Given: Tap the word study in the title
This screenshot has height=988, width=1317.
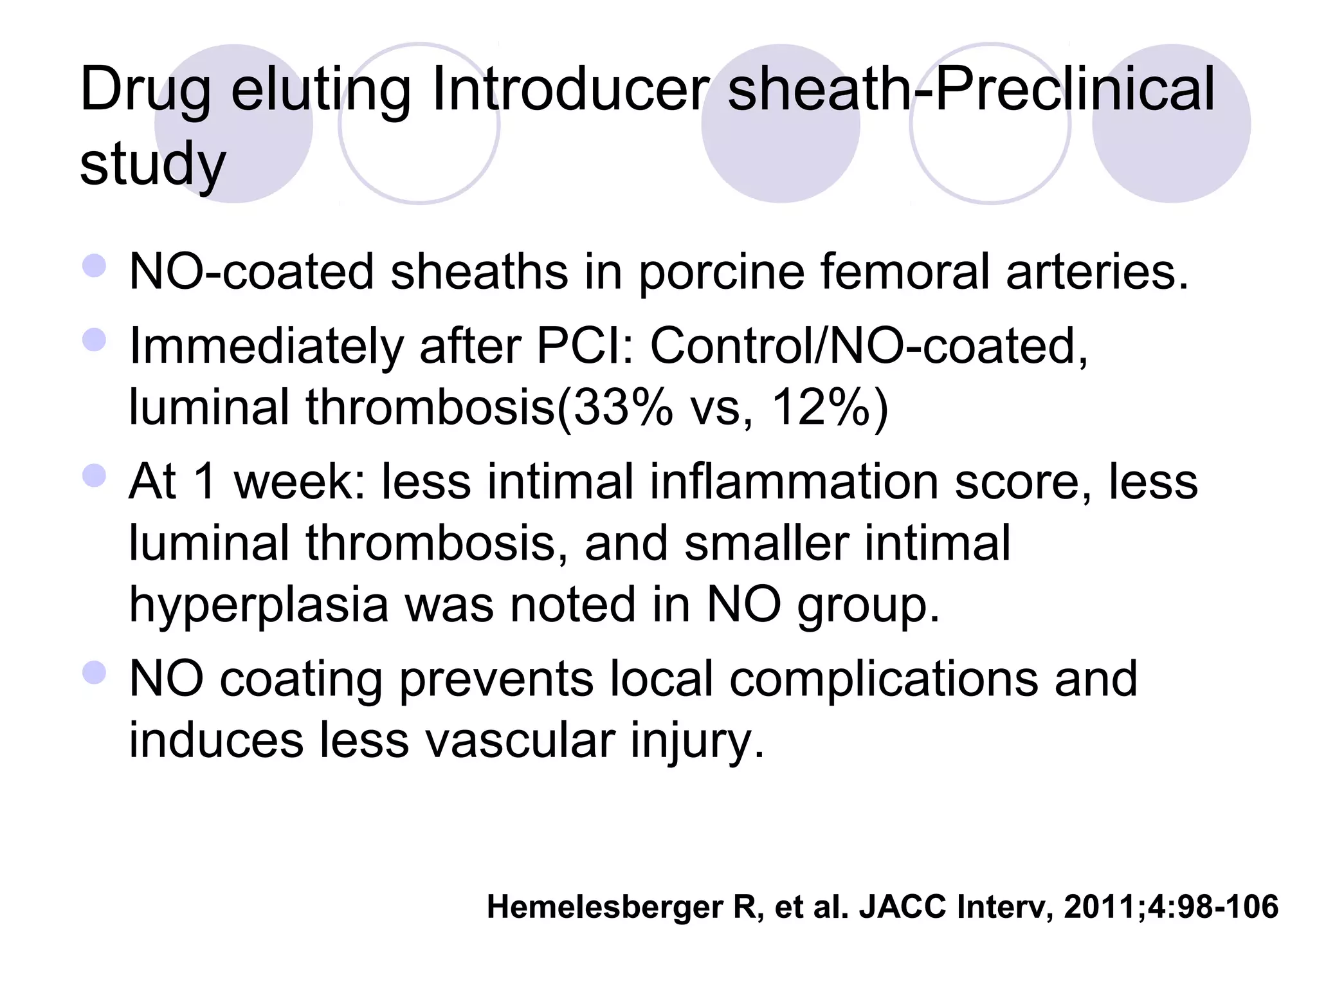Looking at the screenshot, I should [152, 165].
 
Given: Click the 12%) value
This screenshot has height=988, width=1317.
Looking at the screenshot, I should [830, 408].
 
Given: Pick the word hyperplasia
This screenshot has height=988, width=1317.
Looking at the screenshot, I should [259, 605].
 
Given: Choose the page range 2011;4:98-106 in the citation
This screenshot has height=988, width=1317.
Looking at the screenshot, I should [1171, 907].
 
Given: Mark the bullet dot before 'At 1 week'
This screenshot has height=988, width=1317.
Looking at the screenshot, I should [95, 476].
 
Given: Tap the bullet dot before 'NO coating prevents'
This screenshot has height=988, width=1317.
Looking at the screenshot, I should [95, 673].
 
